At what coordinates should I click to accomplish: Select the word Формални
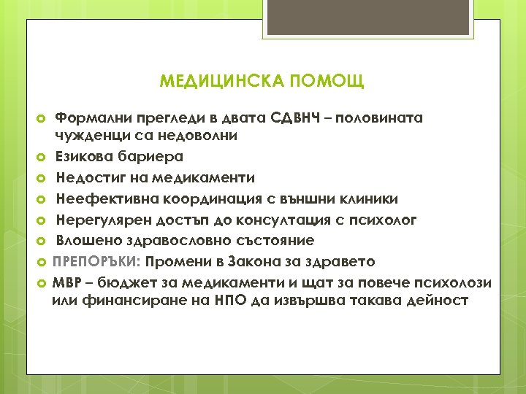(92, 117)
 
